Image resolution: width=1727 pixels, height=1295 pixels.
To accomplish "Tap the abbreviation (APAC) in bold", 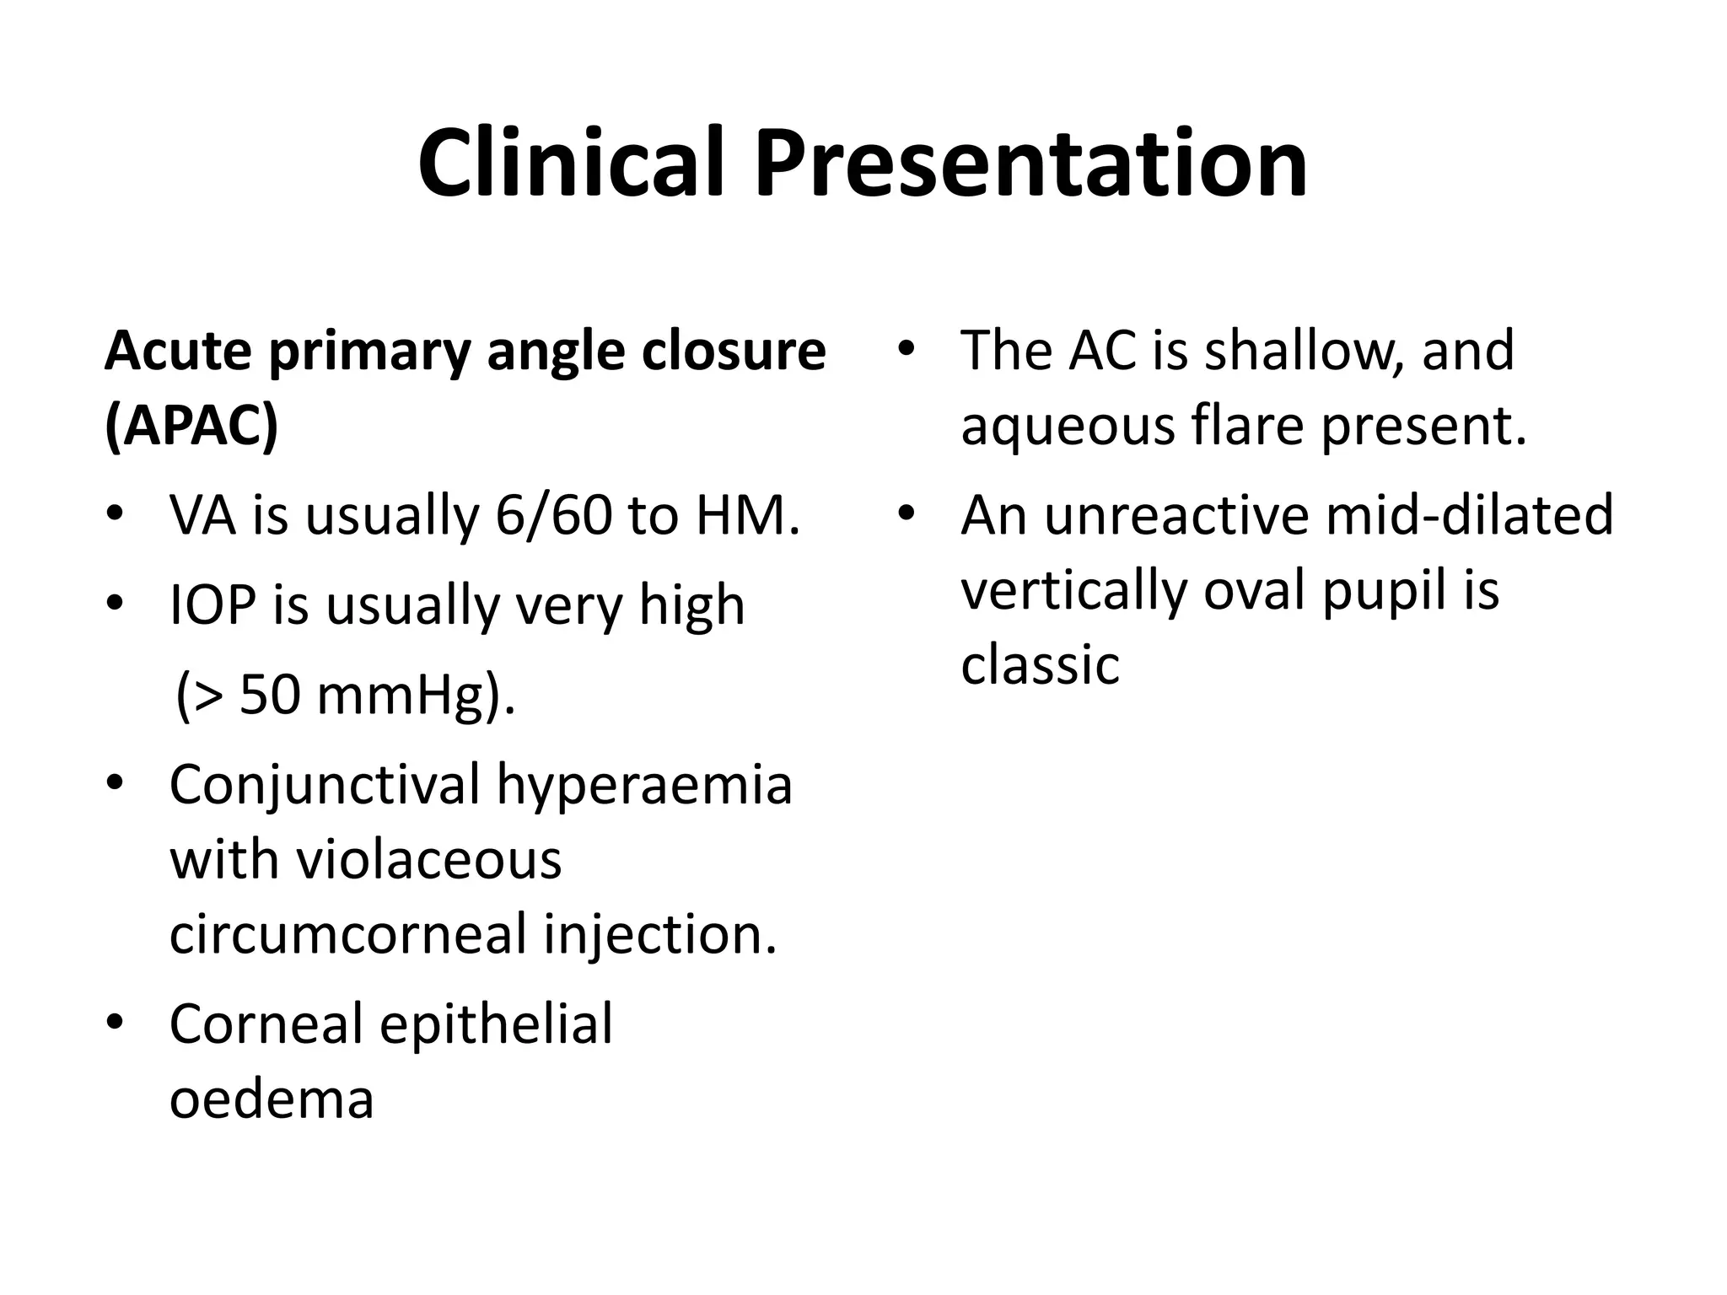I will point(191,426).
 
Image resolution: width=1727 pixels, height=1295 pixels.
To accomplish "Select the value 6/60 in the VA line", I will point(553,515).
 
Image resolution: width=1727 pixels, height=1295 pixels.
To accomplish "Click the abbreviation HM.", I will point(747,515).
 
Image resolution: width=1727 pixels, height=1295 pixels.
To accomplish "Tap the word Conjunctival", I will point(324,785).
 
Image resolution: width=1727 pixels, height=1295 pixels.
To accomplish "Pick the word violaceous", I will point(428,860).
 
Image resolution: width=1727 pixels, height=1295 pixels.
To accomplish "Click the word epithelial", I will point(496,1024).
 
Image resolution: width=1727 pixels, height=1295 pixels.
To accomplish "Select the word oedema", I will point(272,1099).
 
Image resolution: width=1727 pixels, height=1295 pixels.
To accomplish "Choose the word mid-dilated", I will point(1469,515).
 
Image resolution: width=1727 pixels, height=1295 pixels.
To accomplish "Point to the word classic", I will point(1040,664).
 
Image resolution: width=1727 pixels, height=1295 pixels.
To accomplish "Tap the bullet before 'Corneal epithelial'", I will point(115,1023).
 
